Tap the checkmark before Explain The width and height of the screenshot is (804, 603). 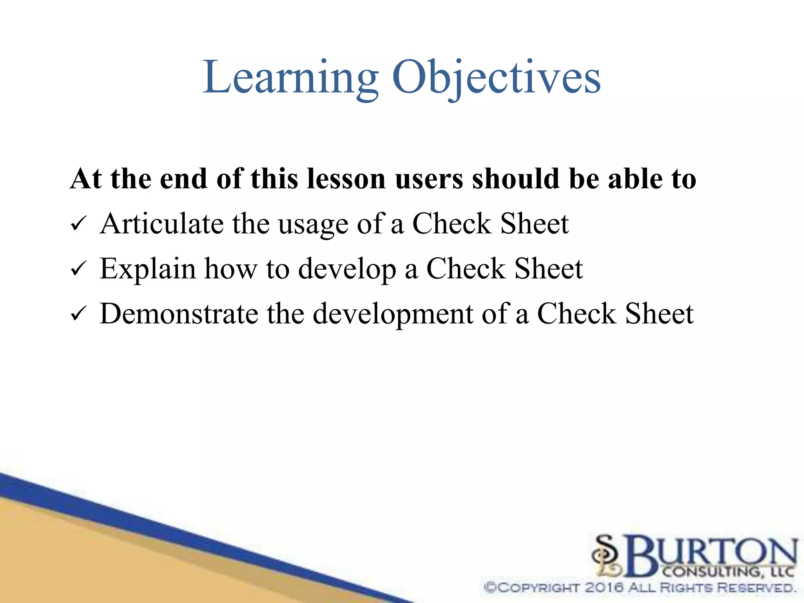78,269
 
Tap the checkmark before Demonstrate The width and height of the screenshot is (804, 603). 78,314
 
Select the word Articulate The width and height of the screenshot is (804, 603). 162,224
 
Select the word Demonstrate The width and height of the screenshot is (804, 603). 179,314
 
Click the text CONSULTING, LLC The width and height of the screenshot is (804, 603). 728,572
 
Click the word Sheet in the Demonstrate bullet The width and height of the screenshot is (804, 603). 659,314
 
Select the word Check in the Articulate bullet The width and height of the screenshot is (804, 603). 451,224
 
